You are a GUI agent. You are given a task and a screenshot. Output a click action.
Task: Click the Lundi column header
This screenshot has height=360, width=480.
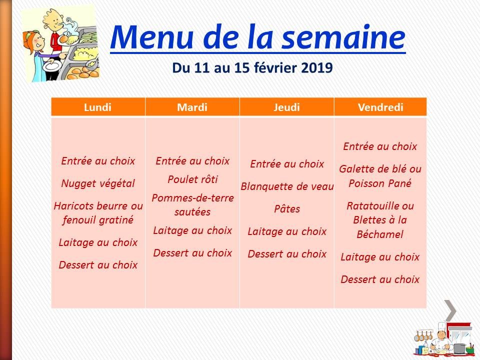[x=98, y=107]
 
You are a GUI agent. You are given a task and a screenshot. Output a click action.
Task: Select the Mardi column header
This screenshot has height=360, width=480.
[x=192, y=107]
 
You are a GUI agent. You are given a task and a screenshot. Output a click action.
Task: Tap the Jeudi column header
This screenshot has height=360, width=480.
[x=286, y=107]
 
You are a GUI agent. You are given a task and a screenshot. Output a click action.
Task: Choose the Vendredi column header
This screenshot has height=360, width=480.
[x=380, y=107]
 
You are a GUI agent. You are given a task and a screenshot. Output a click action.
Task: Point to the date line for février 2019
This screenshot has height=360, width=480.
[x=252, y=67]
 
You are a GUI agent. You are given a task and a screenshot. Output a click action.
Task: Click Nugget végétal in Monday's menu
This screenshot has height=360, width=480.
[x=98, y=183]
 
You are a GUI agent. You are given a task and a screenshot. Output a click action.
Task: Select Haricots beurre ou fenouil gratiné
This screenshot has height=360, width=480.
[x=98, y=212]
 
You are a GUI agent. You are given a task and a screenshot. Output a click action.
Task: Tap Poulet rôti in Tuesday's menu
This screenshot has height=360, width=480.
[x=192, y=179]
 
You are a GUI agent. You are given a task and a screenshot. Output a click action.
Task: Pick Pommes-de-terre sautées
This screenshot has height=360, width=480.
[x=192, y=204]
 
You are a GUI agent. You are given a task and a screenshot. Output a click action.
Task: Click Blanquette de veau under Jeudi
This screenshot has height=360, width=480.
[x=287, y=186]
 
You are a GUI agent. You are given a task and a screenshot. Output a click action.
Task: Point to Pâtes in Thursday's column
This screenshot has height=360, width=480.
[x=287, y=209]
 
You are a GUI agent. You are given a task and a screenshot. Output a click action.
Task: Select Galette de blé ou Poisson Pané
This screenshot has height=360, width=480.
[x=380, y=176]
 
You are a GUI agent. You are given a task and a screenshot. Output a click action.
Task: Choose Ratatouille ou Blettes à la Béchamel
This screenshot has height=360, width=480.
[x=380, y=220]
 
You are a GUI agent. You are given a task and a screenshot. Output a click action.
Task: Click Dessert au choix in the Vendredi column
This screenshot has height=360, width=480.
[x=380, y=279]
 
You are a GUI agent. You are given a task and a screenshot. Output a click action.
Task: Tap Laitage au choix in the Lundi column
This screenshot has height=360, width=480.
[x=98, y=242]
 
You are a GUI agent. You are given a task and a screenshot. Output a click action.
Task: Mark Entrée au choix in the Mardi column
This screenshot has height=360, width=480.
[x=192, y=161]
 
